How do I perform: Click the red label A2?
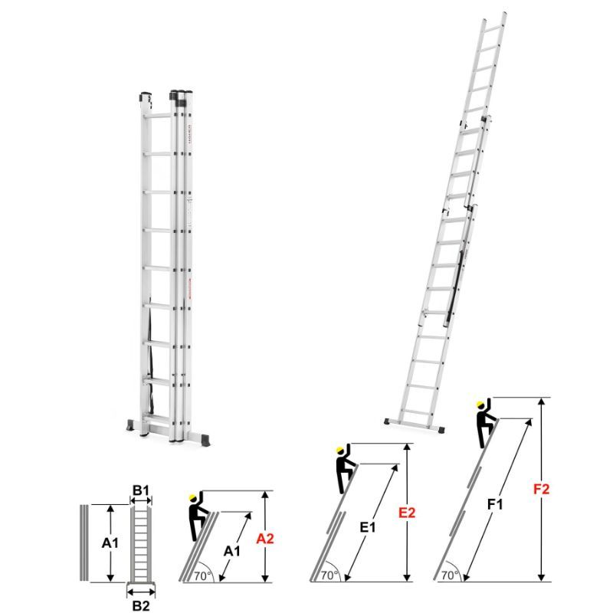265,539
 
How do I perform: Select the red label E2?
407,513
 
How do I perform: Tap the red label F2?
542,489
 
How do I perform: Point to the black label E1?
368,527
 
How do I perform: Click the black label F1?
495,504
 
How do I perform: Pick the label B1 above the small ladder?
141,490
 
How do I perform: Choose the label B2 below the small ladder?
141,605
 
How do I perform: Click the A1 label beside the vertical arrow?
110,543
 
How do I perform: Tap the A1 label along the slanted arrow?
232,551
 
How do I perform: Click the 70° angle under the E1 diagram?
330,575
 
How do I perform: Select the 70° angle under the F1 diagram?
451,575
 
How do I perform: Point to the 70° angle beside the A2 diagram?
203,576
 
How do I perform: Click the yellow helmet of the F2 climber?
480,405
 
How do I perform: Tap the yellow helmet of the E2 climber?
340,451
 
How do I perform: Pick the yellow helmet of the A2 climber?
193,497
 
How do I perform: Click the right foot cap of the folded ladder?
205,438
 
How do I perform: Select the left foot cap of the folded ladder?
130,425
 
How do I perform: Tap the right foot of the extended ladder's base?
441,429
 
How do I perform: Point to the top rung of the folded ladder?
158,116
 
